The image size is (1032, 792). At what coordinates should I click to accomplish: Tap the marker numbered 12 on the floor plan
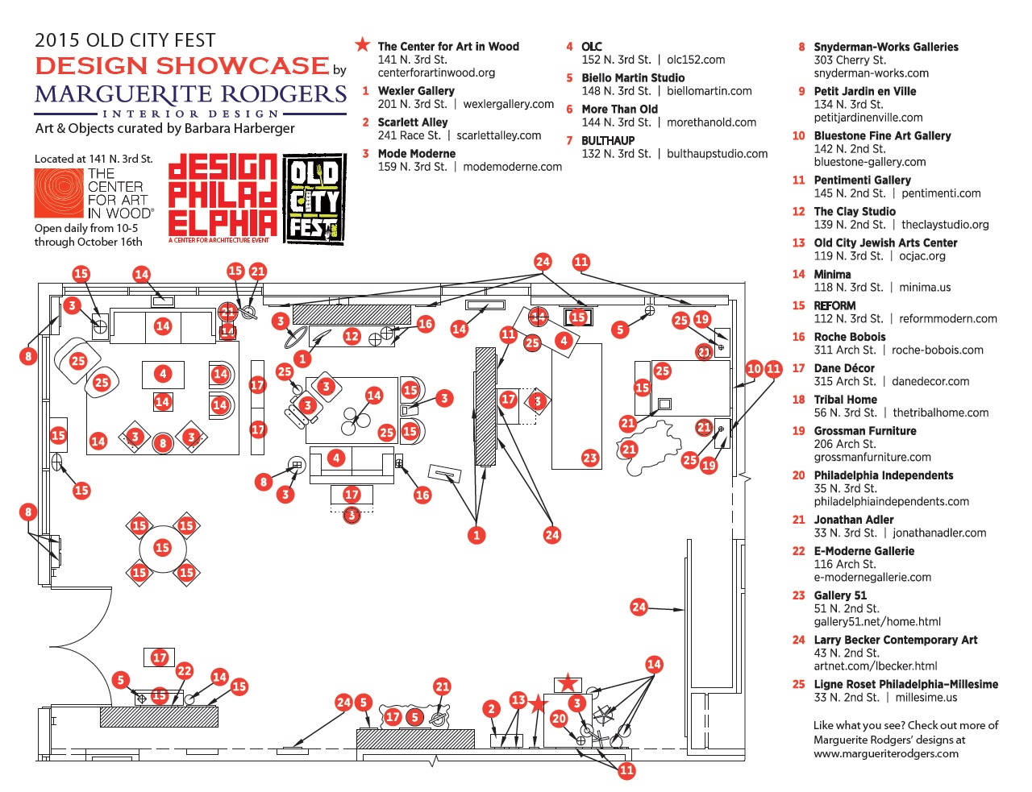coord(352,337)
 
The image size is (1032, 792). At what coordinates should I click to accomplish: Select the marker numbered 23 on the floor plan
coord(590,458)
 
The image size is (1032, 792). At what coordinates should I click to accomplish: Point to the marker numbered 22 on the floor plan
coord(185,670)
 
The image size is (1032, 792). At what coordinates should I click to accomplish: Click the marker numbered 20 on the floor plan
coord(559,719)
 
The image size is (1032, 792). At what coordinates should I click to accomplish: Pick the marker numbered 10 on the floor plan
coord(754,369)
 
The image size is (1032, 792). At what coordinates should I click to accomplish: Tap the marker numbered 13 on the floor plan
coord(518,699)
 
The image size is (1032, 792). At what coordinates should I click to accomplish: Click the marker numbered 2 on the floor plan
coord(492,710)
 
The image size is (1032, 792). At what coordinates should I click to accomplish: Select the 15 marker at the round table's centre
coord(162,548)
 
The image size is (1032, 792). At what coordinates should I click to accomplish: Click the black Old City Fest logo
coord(314,199)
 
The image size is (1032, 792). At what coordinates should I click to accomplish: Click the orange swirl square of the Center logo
coord(59,193)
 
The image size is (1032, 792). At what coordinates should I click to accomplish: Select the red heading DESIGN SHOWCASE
coord(182,66)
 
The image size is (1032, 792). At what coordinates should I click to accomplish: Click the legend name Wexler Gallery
coord(416,90)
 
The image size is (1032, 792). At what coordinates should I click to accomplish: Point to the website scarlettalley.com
coord(498,135)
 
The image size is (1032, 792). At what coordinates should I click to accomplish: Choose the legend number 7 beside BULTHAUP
coord(569,140)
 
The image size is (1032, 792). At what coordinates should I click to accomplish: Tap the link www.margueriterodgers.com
coord(886,753)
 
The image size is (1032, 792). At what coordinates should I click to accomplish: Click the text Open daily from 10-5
coord(86,228)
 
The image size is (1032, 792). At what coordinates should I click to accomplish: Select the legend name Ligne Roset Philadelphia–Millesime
coord(906,684)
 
